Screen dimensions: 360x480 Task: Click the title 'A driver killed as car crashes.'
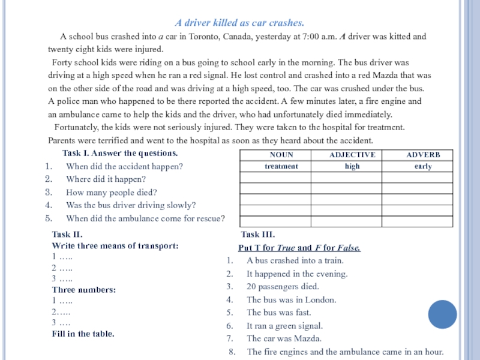239,23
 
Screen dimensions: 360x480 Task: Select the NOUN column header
275,155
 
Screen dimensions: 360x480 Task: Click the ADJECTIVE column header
352,155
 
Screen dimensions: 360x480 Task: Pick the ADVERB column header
423,155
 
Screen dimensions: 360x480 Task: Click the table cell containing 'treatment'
275,166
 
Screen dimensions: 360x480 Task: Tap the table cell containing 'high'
352,166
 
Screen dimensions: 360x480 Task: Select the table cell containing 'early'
423,166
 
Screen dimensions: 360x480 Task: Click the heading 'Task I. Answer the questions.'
120,153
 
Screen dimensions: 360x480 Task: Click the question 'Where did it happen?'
106,179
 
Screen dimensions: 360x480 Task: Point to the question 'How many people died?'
111,192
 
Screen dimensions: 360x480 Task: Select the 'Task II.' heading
67,235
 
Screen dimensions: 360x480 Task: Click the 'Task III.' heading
257,235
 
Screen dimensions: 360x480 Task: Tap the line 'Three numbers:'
83,290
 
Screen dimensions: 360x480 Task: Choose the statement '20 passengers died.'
283,287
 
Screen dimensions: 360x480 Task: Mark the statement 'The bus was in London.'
291,300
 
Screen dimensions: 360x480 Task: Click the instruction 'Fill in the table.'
83,334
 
